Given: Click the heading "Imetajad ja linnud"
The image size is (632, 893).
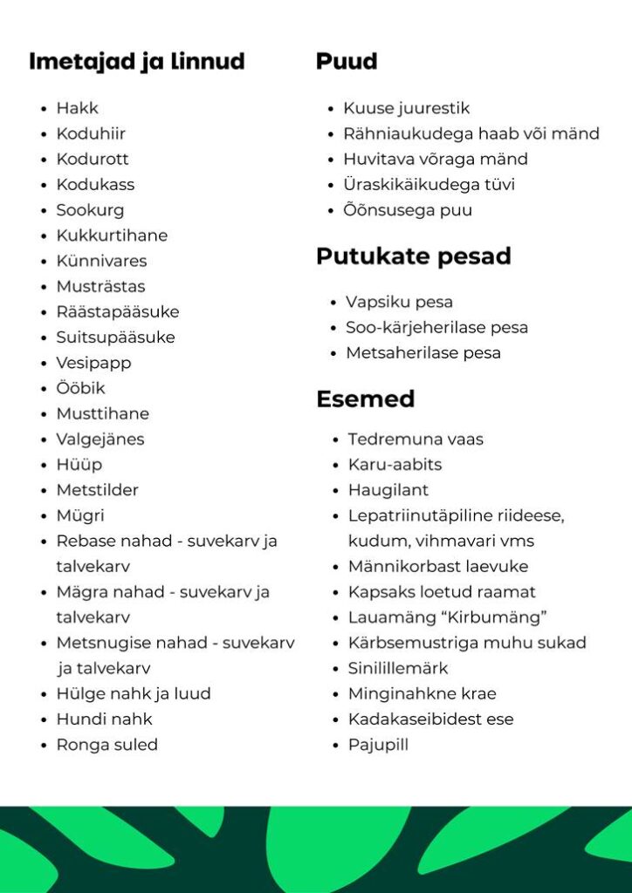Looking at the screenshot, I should click(136, 62).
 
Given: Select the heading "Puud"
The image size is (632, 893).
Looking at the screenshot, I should click(347, 62).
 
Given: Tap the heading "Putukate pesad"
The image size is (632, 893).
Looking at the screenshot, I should click(413, 256).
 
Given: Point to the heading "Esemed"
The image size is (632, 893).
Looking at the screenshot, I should click(365, 399).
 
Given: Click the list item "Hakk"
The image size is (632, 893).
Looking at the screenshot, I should click(78, 108).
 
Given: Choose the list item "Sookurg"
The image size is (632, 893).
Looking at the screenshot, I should click(90, 210).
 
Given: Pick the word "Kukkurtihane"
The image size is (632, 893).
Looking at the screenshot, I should click(112, 235).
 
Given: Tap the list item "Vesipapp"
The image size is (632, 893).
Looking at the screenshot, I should click(93, 363).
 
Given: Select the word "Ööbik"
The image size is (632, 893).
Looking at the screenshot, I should click(80, 388).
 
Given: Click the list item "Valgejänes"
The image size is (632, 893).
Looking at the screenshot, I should click(100, 439).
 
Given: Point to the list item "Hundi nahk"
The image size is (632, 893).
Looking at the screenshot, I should click(104, 719).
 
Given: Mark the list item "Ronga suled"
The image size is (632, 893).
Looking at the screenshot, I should click(106, 745).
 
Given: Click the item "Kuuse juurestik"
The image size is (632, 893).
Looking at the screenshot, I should click(407, 108).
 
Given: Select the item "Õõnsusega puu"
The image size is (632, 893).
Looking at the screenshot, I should click(408, 210).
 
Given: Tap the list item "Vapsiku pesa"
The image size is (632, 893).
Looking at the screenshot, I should click(399, 302).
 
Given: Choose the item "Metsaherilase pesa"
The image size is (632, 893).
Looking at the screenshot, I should click(423, 353).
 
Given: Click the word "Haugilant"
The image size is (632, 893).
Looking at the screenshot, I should click(388, 490).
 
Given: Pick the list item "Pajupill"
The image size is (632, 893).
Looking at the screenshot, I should click(378, 745).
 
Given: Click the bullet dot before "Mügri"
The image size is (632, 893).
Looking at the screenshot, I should click(44, 516).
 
